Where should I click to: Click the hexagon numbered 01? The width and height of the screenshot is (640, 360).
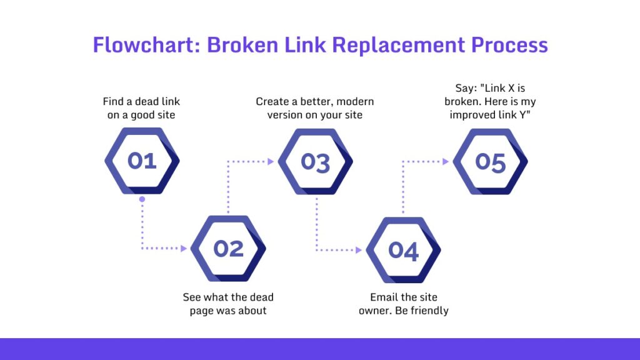142,161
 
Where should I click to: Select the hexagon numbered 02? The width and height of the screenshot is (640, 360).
228,249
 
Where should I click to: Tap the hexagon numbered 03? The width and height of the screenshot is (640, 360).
315,162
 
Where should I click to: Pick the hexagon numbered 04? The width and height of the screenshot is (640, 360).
403,250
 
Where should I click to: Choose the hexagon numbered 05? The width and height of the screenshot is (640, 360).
490,162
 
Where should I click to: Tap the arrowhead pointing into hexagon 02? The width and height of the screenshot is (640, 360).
184,249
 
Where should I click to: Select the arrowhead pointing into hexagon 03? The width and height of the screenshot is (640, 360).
271,161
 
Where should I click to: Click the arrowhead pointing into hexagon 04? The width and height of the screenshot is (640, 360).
358,250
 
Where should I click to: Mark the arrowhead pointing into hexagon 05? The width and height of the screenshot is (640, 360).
446,161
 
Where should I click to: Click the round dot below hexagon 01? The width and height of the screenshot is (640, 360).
142,199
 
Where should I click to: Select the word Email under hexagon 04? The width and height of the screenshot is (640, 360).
384,297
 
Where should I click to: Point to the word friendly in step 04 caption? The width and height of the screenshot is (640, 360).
428,310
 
